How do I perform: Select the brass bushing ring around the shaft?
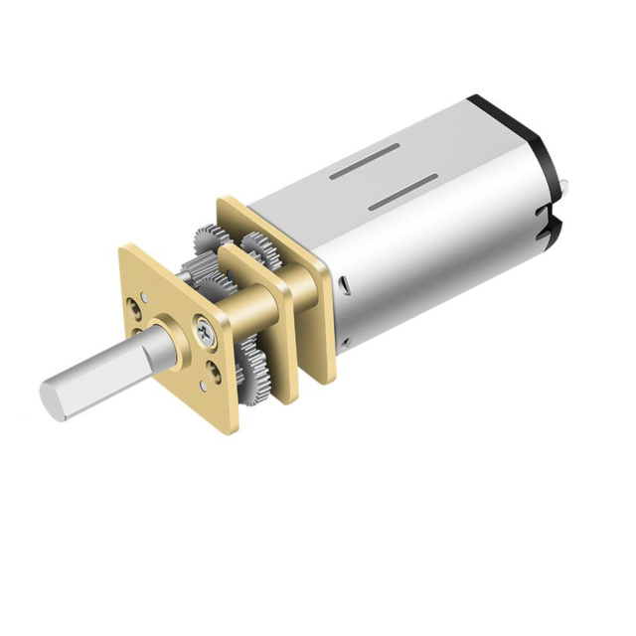pyautogui.click(x=172, y=342)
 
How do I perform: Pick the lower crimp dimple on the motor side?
pyautogui.click(x=343, y=343)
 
